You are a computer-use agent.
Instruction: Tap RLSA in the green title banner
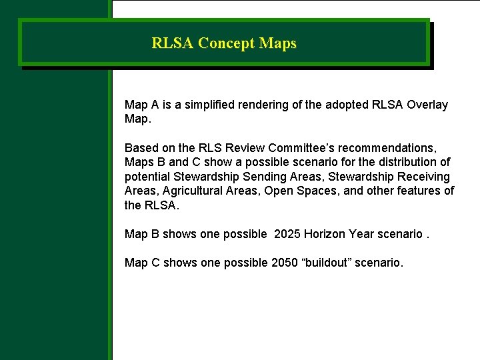click(173, 44)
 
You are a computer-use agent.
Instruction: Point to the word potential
click(148, 177)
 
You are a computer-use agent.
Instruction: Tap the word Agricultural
click(189, 191)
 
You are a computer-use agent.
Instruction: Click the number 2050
click(285, 263)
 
